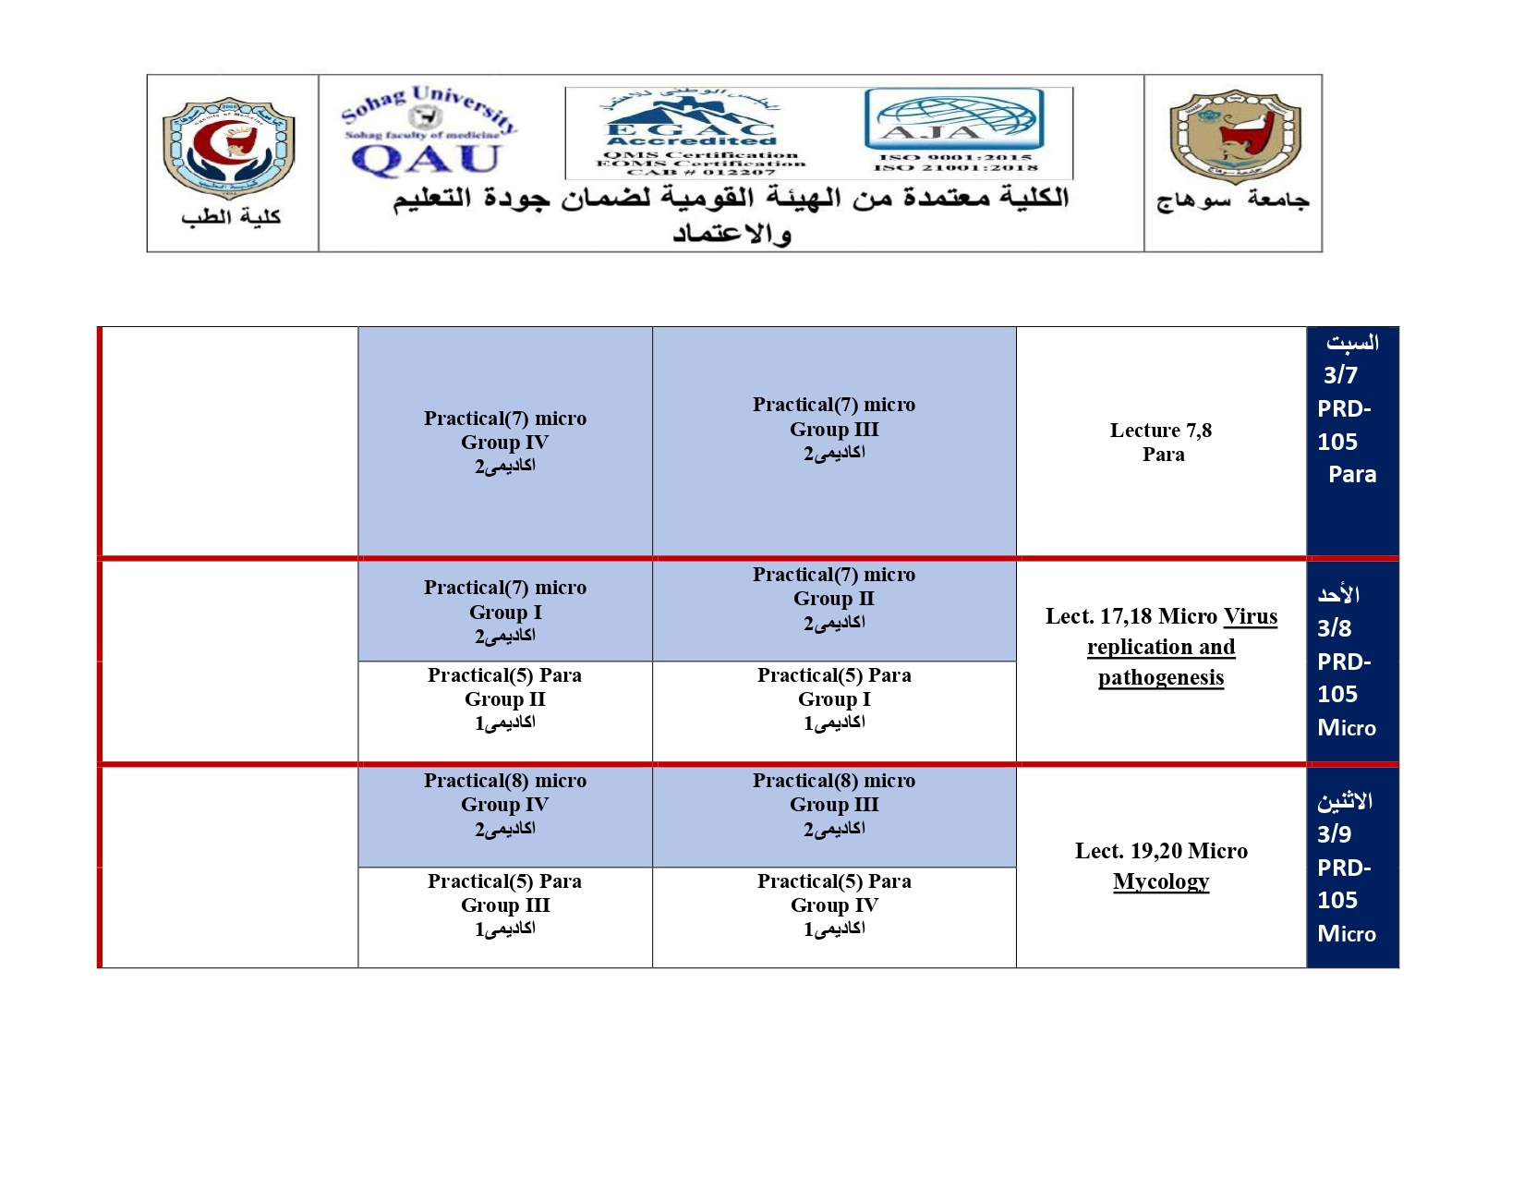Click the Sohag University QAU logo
click(428, 131)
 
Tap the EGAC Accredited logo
click(691, 133)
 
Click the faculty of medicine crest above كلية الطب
click(229, 147)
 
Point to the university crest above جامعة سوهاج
click(1234, 137)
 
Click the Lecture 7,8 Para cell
click(1162, 442)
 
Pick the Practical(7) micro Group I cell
click(505, 611)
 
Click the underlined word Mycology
click(1161, 881)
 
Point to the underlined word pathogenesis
click(1161, 677)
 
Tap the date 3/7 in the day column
click(1340, 375)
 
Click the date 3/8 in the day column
click(1335, 628)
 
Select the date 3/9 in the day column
click(1335, 834)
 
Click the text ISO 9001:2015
click(955, 157)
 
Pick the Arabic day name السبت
click(1352, 343)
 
